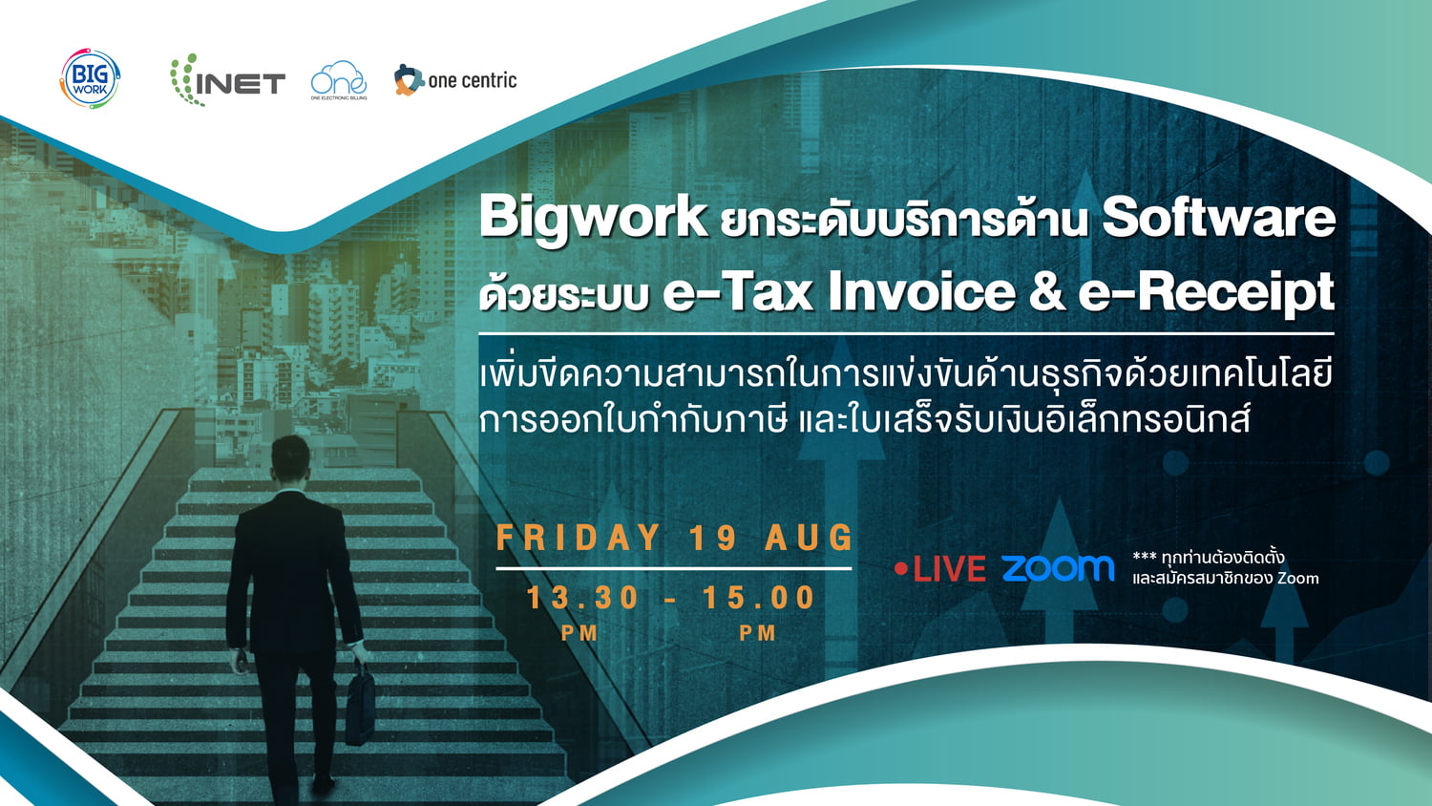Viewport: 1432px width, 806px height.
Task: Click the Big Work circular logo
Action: point(90,78)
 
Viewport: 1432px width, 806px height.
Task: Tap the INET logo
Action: point(227,80)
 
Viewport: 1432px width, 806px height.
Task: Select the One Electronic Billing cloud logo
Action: point(339,80)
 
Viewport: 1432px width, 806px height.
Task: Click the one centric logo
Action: point(455,80)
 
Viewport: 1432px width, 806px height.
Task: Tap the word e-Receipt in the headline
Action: point(1207,293)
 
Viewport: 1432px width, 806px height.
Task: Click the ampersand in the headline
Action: point(1046,292)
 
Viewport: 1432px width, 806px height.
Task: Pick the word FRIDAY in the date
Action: point(579,538)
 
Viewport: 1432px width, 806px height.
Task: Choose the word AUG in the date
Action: point(810,538)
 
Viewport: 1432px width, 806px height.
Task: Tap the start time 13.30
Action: point(582,598)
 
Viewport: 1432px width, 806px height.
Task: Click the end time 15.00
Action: point(759,598)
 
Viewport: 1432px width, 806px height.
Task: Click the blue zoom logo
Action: point(1058,568)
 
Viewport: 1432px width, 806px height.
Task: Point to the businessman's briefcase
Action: point(361,704)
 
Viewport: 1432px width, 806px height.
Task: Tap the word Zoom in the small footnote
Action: point(1298,579)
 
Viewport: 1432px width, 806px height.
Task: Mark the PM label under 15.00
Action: point(758,633)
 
